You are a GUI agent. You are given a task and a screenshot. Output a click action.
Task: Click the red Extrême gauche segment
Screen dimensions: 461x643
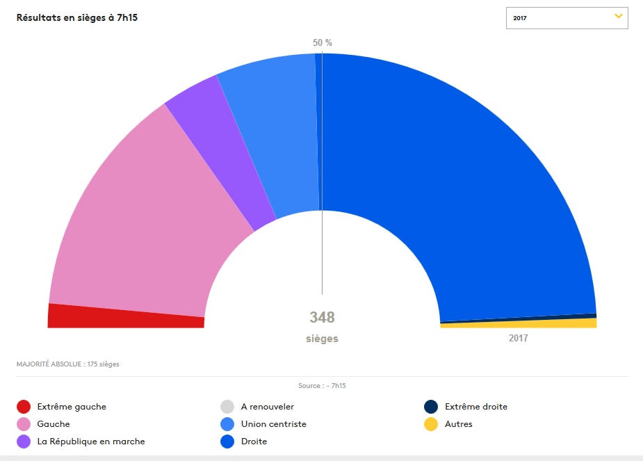[125, 316]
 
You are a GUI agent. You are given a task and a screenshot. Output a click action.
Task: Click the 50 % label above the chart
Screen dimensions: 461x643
[323, 43]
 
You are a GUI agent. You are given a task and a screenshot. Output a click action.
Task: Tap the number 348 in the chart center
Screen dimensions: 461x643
[322, 318]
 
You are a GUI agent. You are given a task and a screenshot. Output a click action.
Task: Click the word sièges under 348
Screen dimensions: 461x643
[322, 339]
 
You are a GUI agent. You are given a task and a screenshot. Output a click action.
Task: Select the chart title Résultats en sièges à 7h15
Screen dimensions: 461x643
[76, 17]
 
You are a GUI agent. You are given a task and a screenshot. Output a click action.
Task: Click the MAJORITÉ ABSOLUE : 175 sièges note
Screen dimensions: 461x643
[67, 364]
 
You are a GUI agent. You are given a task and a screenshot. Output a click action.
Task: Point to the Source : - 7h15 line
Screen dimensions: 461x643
[322, 385]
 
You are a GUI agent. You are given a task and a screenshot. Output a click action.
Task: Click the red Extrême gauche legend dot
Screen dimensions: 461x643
[24, 407]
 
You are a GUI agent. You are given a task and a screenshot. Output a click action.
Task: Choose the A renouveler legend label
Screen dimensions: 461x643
[268, 407]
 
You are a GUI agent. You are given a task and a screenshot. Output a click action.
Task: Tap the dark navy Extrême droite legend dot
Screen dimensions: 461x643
[431, 407]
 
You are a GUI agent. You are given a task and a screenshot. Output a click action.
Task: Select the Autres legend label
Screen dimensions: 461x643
[458, 424]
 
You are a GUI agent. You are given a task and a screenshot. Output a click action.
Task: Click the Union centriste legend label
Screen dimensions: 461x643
[273, 424]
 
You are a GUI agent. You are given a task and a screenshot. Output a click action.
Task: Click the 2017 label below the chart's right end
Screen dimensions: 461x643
[518, 339]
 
